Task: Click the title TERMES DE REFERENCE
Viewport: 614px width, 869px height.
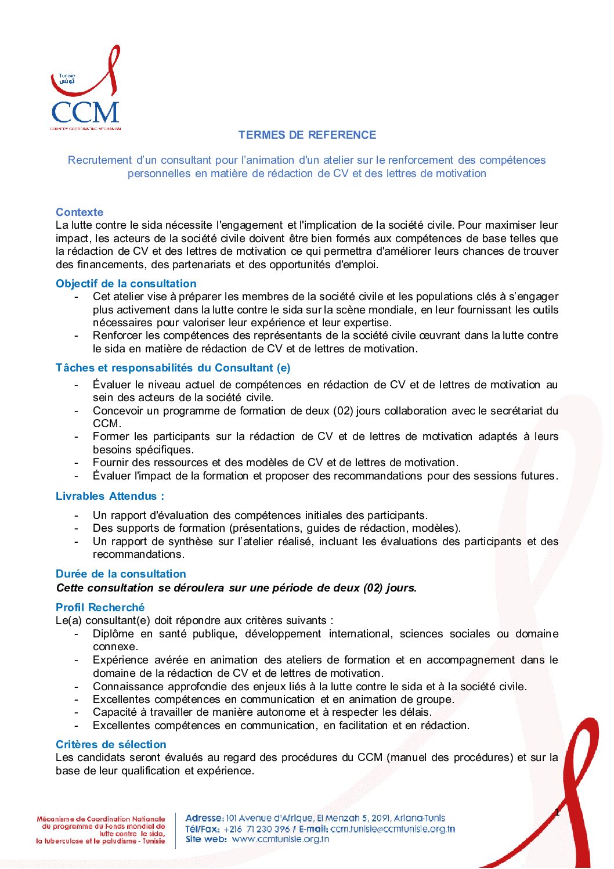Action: point(307,135)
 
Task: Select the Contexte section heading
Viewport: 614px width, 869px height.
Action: point(80,212)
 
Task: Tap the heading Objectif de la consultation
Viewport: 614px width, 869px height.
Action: point(126,284)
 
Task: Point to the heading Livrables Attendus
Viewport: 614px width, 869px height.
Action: point(110,496)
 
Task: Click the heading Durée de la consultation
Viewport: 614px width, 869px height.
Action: point(121,574)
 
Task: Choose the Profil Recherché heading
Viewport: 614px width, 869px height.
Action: point(100,608)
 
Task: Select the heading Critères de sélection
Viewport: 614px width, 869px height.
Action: point(111,745)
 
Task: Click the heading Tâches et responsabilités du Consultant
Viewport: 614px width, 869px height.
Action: point(173,368)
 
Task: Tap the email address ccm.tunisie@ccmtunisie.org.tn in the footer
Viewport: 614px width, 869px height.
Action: point(393,829)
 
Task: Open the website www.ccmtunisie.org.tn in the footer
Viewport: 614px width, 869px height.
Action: point(280,839)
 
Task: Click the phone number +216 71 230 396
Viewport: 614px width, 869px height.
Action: point(257,829)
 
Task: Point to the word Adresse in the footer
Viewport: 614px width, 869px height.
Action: point(204,818)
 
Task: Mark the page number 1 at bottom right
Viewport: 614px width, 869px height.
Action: point(557,813)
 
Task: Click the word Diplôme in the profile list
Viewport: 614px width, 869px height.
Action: point(113,634)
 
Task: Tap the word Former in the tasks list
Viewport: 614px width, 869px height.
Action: point(110,437)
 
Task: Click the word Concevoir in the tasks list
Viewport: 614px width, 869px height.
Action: point(117,411)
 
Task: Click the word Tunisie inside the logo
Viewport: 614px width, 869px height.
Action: point(67,76)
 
